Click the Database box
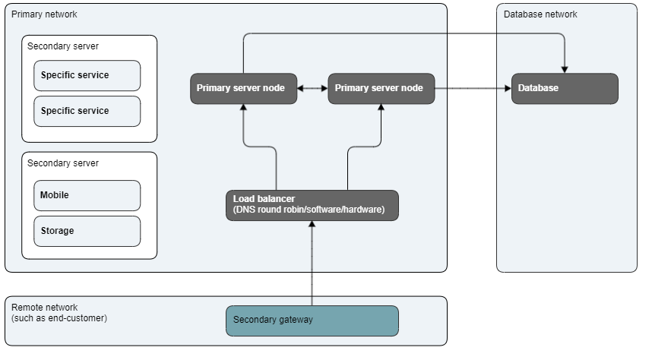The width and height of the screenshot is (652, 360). (565, 88)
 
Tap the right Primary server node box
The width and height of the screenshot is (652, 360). (381, 88)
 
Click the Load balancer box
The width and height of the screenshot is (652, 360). (312, 205)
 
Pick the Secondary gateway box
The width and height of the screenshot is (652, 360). (312, 320)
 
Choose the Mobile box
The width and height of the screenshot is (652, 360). (87, 195)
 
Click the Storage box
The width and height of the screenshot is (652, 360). (87, 231)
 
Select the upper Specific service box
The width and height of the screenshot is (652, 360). (87, 75)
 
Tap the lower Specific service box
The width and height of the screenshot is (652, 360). (87, 111)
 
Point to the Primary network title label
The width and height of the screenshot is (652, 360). (43, 14)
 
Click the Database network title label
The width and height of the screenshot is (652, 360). (540, 14)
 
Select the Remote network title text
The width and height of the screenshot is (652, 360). (44, 307)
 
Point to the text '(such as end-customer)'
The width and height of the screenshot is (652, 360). (59, 317)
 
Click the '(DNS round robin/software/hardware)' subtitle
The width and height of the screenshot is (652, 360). (309, 210)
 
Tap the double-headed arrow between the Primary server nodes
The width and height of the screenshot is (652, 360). (312, 88)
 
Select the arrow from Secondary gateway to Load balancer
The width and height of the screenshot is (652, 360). (312, 263)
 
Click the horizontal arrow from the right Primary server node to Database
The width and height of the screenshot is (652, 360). (472, 88)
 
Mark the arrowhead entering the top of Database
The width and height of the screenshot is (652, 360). (565, 69)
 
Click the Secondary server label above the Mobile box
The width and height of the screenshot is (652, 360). (62, 163)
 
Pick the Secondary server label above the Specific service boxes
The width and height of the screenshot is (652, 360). (62, 46)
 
